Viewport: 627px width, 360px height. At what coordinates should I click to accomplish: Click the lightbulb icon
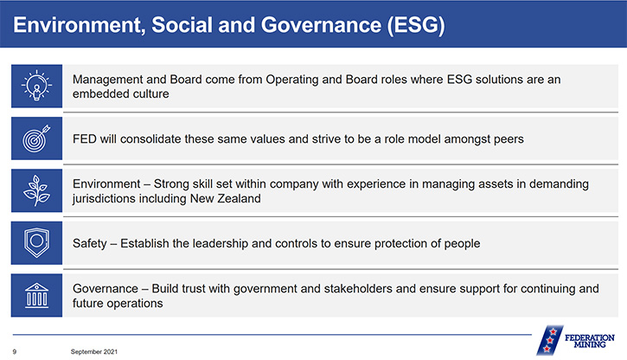[36, 86]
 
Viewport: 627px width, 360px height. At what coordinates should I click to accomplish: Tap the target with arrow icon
[36, 138]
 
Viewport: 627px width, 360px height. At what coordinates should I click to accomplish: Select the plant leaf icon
[36, 190]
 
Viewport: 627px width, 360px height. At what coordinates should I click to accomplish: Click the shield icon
[36, 243]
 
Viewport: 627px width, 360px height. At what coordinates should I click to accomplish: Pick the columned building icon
[36, 296]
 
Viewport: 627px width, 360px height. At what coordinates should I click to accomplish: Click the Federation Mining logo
[576, 340]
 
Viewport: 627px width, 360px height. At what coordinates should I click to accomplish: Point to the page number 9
[15, 351]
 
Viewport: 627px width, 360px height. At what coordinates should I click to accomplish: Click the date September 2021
[94, 351]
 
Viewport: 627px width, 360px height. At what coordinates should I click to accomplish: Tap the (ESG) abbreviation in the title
[416, 25]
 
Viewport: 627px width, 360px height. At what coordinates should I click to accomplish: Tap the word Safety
[90, 243]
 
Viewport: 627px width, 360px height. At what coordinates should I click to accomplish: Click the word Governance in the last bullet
[106, 288]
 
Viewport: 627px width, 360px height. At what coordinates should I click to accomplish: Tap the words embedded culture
[121, 93]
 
